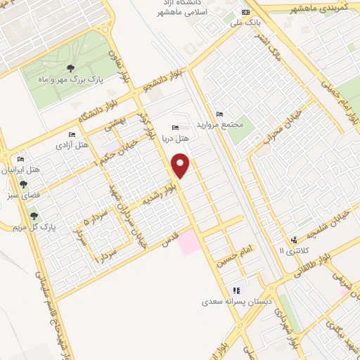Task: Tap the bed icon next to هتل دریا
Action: [175, 127]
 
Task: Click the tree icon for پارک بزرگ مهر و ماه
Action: [70, 68]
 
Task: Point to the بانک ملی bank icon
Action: [245, 13]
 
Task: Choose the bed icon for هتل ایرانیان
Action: [20, 160]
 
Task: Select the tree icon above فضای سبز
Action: [24, 184]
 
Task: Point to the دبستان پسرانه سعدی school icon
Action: [237, 290]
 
